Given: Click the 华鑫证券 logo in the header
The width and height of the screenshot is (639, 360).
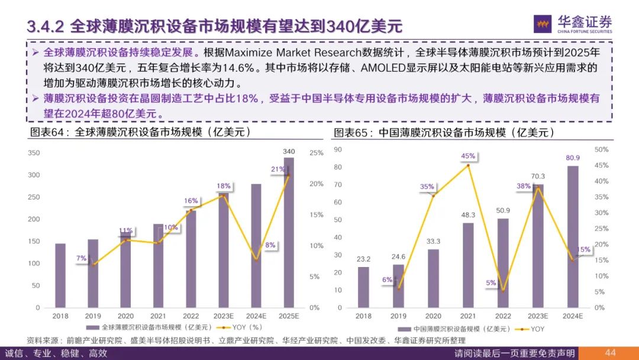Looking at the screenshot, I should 573,24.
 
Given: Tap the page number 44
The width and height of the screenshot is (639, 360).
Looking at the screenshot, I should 611,353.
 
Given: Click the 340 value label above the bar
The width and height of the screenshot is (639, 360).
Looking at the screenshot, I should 289,151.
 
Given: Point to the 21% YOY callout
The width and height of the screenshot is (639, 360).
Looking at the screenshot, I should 278,169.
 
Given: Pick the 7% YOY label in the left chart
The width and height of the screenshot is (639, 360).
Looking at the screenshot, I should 81,258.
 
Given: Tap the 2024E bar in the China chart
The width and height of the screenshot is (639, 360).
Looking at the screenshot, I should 573,237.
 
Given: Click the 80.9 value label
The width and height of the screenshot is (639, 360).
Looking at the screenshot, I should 573,159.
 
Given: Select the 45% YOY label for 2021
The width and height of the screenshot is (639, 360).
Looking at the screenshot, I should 468,156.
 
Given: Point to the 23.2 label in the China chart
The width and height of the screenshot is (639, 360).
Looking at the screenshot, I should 363,259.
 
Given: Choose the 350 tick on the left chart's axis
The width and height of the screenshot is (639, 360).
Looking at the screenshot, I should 34,153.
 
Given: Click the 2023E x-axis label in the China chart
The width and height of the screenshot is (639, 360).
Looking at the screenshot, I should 538,316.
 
